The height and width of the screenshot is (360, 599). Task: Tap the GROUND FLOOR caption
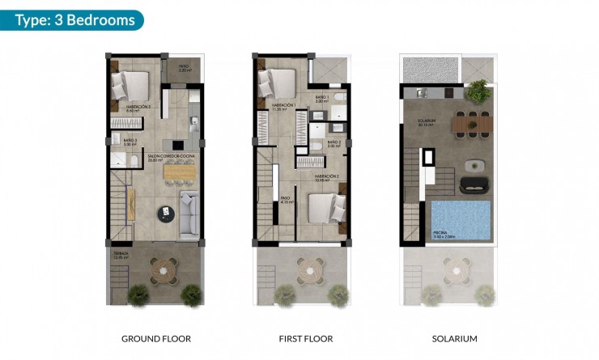pos(156,338)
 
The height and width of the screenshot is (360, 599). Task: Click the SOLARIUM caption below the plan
pos(449,338)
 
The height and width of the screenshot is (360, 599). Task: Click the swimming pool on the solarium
pos(461,220)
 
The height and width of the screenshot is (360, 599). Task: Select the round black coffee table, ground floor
pos(166,213)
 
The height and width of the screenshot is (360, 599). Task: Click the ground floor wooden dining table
pos(180,172)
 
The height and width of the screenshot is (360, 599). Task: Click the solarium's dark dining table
pos(473,124)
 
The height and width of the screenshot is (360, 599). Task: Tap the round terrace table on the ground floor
pos(165,268)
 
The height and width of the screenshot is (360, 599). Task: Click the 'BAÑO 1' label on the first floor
pos(321,97)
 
